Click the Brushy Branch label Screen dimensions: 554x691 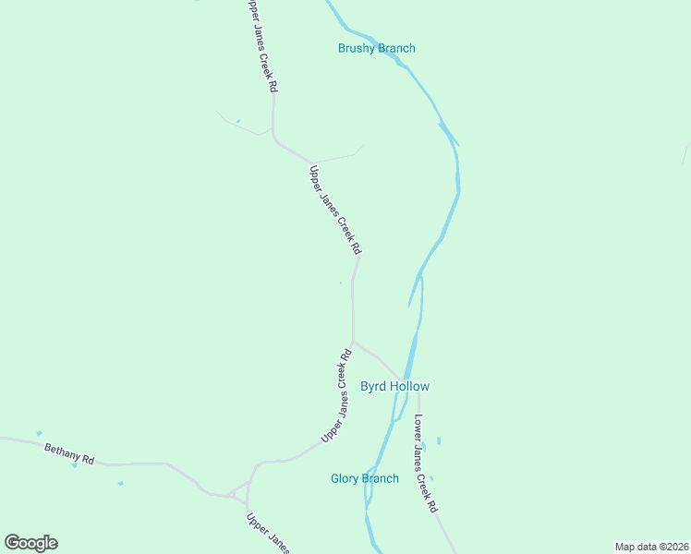click(376, 48)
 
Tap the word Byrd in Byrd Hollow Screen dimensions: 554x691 click(372, 386)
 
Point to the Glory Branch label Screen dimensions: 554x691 click(365, 478)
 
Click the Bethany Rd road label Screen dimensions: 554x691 click(69, 452)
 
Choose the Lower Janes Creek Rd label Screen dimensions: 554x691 click(425, 464)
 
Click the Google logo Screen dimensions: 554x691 click(30, 542)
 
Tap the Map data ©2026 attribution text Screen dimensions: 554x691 click(651, 547)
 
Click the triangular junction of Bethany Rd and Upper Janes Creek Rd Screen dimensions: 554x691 click(238, 490)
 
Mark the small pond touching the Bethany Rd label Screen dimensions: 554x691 click(74, 464)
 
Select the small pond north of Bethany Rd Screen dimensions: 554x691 click(39, 433)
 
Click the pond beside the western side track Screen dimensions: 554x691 click(237, 121)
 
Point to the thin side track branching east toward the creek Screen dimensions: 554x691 click(337, 156)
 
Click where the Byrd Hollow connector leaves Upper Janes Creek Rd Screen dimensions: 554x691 click(354, 342)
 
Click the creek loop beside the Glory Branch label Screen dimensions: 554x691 click(370, 499)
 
